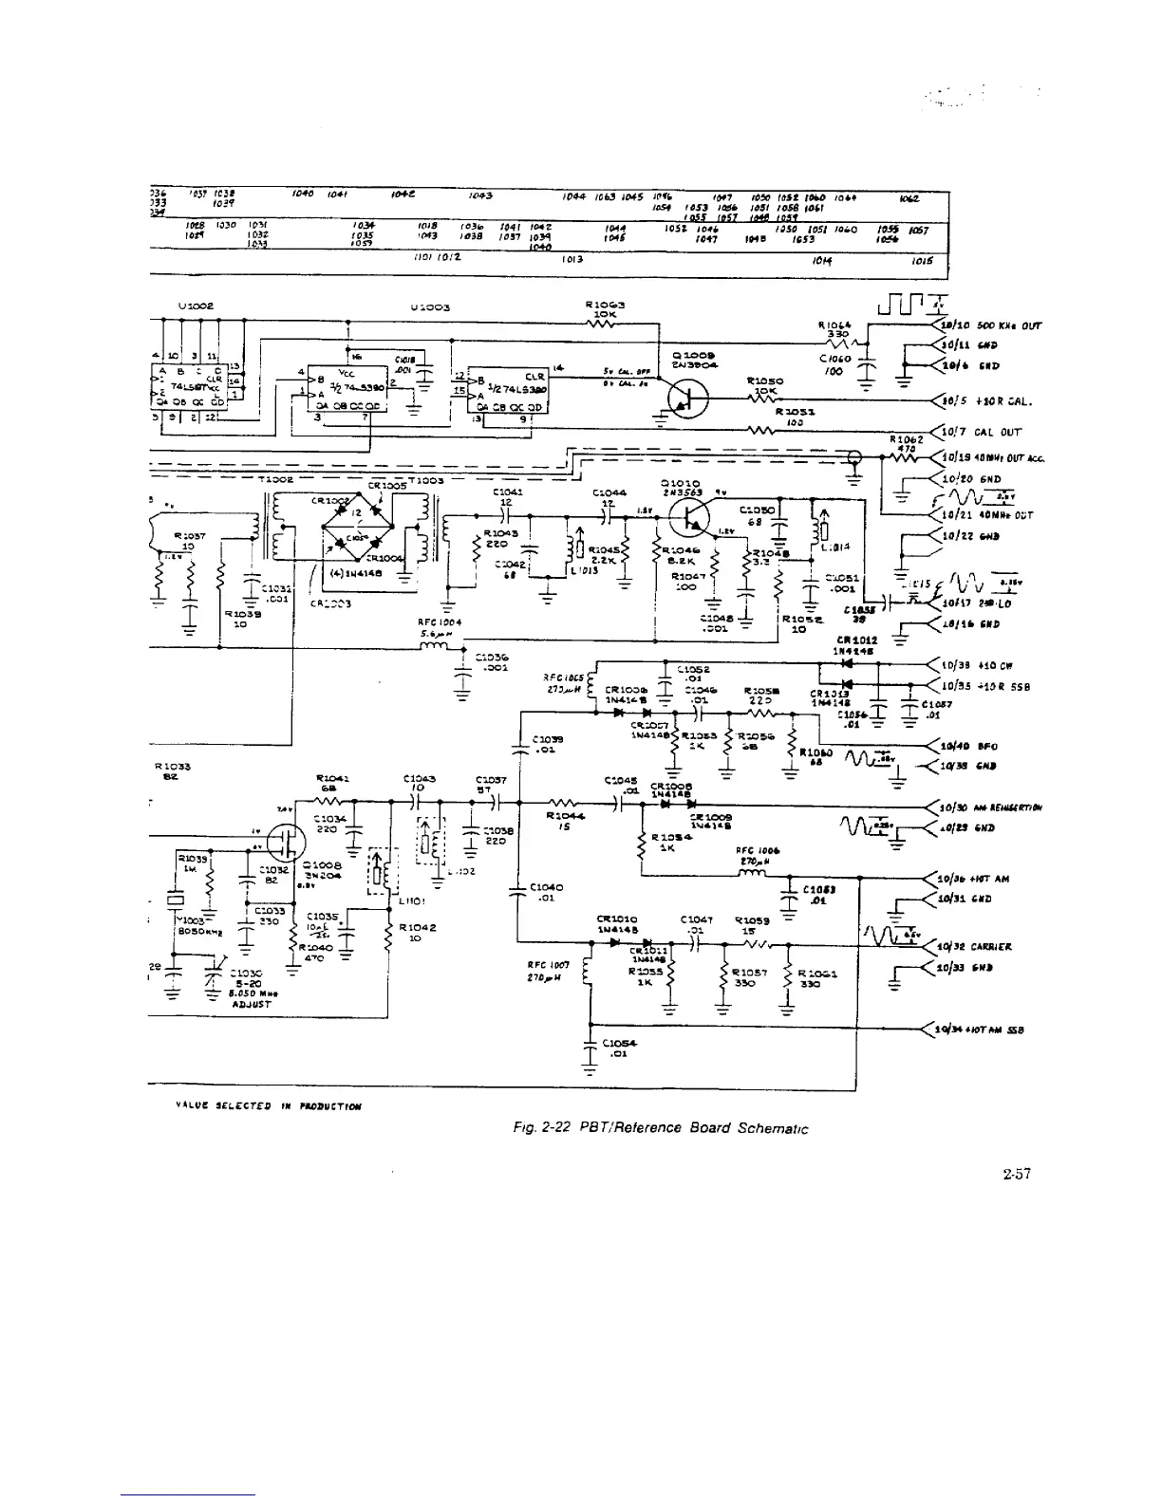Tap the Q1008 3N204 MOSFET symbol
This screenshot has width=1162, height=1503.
coord(286,841)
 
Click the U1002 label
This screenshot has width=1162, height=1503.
coord(195,307)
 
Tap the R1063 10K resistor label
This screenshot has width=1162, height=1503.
coord(606,310)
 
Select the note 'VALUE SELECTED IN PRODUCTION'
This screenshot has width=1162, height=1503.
coord(254,1106)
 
